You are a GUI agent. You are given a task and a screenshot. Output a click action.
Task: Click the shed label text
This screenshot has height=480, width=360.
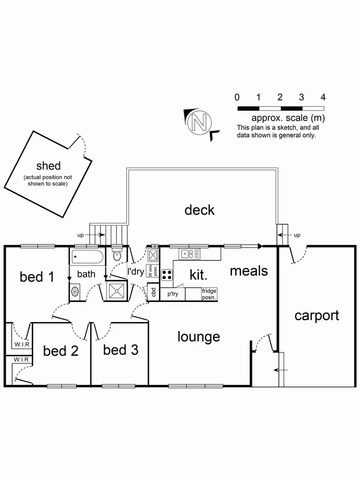[x=48, y=166]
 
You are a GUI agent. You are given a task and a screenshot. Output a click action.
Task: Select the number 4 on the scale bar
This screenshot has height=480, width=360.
[x=323, y=97]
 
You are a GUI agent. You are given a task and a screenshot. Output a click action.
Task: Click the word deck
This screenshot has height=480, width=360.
[x=200, y=210]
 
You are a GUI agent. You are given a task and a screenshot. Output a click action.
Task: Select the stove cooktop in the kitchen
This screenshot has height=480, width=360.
[x=167, y=275]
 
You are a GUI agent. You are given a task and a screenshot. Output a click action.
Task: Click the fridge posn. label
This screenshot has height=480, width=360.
[x=209, y=293]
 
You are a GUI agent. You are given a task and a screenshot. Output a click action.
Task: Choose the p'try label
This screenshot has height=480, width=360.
[x=172, y=294]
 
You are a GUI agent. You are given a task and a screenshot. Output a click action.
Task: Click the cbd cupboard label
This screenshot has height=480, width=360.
[x=153, y=292]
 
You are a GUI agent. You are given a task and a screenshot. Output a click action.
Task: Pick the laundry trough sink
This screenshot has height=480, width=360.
[x=153, y=254]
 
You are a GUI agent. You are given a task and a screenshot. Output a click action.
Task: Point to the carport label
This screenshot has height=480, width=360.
[x=317, y=316]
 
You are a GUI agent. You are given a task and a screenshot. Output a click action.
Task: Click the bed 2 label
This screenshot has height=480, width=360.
[x=61, y=351]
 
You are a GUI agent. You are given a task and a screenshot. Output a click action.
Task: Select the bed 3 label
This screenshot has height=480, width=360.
[x=120, y=350]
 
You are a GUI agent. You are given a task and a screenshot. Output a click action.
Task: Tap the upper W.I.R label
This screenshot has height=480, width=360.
[x=20, y=344]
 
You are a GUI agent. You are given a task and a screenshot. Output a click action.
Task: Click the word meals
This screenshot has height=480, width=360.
[x=249, y=271]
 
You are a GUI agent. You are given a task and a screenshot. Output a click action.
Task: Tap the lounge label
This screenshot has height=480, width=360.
[x=199, y=336]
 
